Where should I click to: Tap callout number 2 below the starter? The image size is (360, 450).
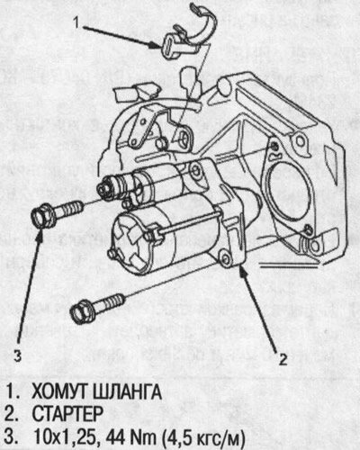pyautogui.click(x=283, y=359)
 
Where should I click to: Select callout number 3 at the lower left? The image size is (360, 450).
pyautogui.click(x=19, y=355)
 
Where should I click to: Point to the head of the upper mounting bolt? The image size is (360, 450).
pyautogui.click(x=40, y=217)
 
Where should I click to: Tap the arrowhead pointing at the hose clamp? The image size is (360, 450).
pyautogui.click(x=162, y=41)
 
